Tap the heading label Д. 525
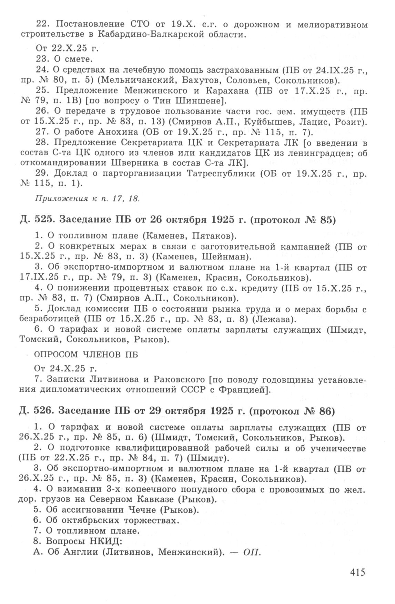(34, 220)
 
